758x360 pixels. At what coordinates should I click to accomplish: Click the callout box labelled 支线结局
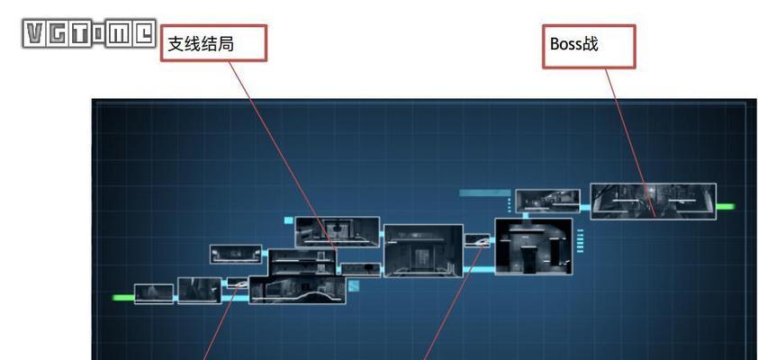click(x=213, y=43)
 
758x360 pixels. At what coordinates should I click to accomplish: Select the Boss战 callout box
click(x=589, y=47)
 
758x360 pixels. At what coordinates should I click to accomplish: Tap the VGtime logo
click(x=89, y=33)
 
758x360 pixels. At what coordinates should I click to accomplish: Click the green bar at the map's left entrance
click(x=122, y=297)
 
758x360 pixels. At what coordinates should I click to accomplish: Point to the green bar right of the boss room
click(x=725, y=207)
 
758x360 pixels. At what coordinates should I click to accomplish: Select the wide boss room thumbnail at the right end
click(x=653, y=201)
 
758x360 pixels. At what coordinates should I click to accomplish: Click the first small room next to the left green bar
click(x=154, y=293)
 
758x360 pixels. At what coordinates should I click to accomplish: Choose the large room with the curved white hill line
click(x=297, y=290)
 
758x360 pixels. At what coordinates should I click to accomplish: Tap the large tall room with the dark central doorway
click(x=534, y=247)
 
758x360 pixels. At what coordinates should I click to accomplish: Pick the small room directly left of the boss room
click(x=547, y=201)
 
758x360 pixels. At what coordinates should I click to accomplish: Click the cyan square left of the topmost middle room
click(x=289, y=220)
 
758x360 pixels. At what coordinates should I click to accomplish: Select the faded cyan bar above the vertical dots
click(x=484, y=193)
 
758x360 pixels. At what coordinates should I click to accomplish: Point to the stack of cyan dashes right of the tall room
click(x=580, y=240)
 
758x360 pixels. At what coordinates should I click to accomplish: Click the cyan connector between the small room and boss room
click(x=585, y=208)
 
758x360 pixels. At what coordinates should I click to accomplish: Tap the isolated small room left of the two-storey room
click(x=236, y=254)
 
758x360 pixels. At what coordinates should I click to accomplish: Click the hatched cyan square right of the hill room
click(x=354, y=285)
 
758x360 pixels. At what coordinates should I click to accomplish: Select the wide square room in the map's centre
click(x=423, y=251)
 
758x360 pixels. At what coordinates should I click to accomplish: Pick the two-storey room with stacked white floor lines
click(x=302, y=262)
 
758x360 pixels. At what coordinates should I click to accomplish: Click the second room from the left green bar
click(x=200, y=291)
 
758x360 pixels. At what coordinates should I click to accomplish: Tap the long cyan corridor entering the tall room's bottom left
click(x=479, y=270)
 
